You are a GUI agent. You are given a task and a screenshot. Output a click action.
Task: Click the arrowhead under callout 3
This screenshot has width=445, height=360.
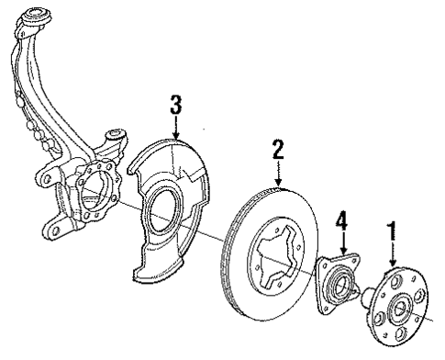176,135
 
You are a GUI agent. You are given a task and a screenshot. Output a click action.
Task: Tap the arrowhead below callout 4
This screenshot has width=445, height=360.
343,254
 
